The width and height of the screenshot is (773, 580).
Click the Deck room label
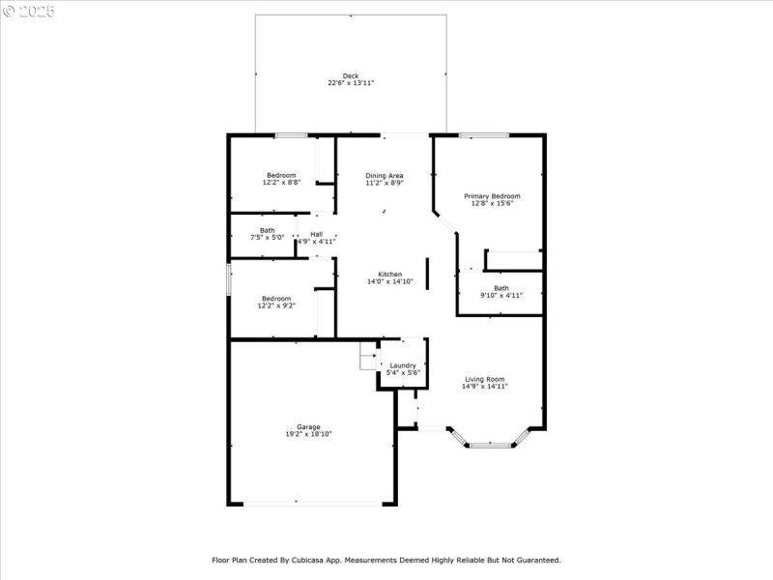click(x=350, y=75)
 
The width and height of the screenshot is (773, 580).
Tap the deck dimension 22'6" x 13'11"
click(x=350, y=83)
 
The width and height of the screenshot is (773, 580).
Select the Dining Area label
click(x=385, y=175)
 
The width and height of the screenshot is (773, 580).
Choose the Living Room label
click(x=484, y=379)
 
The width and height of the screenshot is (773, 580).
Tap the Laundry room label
click(x=403, y=365)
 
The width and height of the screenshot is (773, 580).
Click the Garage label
click(x=308, y=427)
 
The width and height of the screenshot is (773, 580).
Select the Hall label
click(x=317, y=234)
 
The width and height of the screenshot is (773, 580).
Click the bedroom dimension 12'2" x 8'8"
click(x=281, y=183)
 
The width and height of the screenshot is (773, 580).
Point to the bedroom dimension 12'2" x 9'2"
click(x=275, y=306)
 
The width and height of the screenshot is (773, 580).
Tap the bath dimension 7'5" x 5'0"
click(x=267, y=237)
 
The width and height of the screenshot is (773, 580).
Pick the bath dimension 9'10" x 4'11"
click(x=501, y=296)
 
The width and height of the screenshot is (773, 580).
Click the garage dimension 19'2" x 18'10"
click(x=308, y=435)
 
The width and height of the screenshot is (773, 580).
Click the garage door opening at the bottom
click(x=311, y=503)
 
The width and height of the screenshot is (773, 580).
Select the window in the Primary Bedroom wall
click(x=484, y=135)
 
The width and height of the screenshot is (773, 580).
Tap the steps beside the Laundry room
click(x=368, y=355)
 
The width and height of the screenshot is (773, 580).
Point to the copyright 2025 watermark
click(x=29, y=12)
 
